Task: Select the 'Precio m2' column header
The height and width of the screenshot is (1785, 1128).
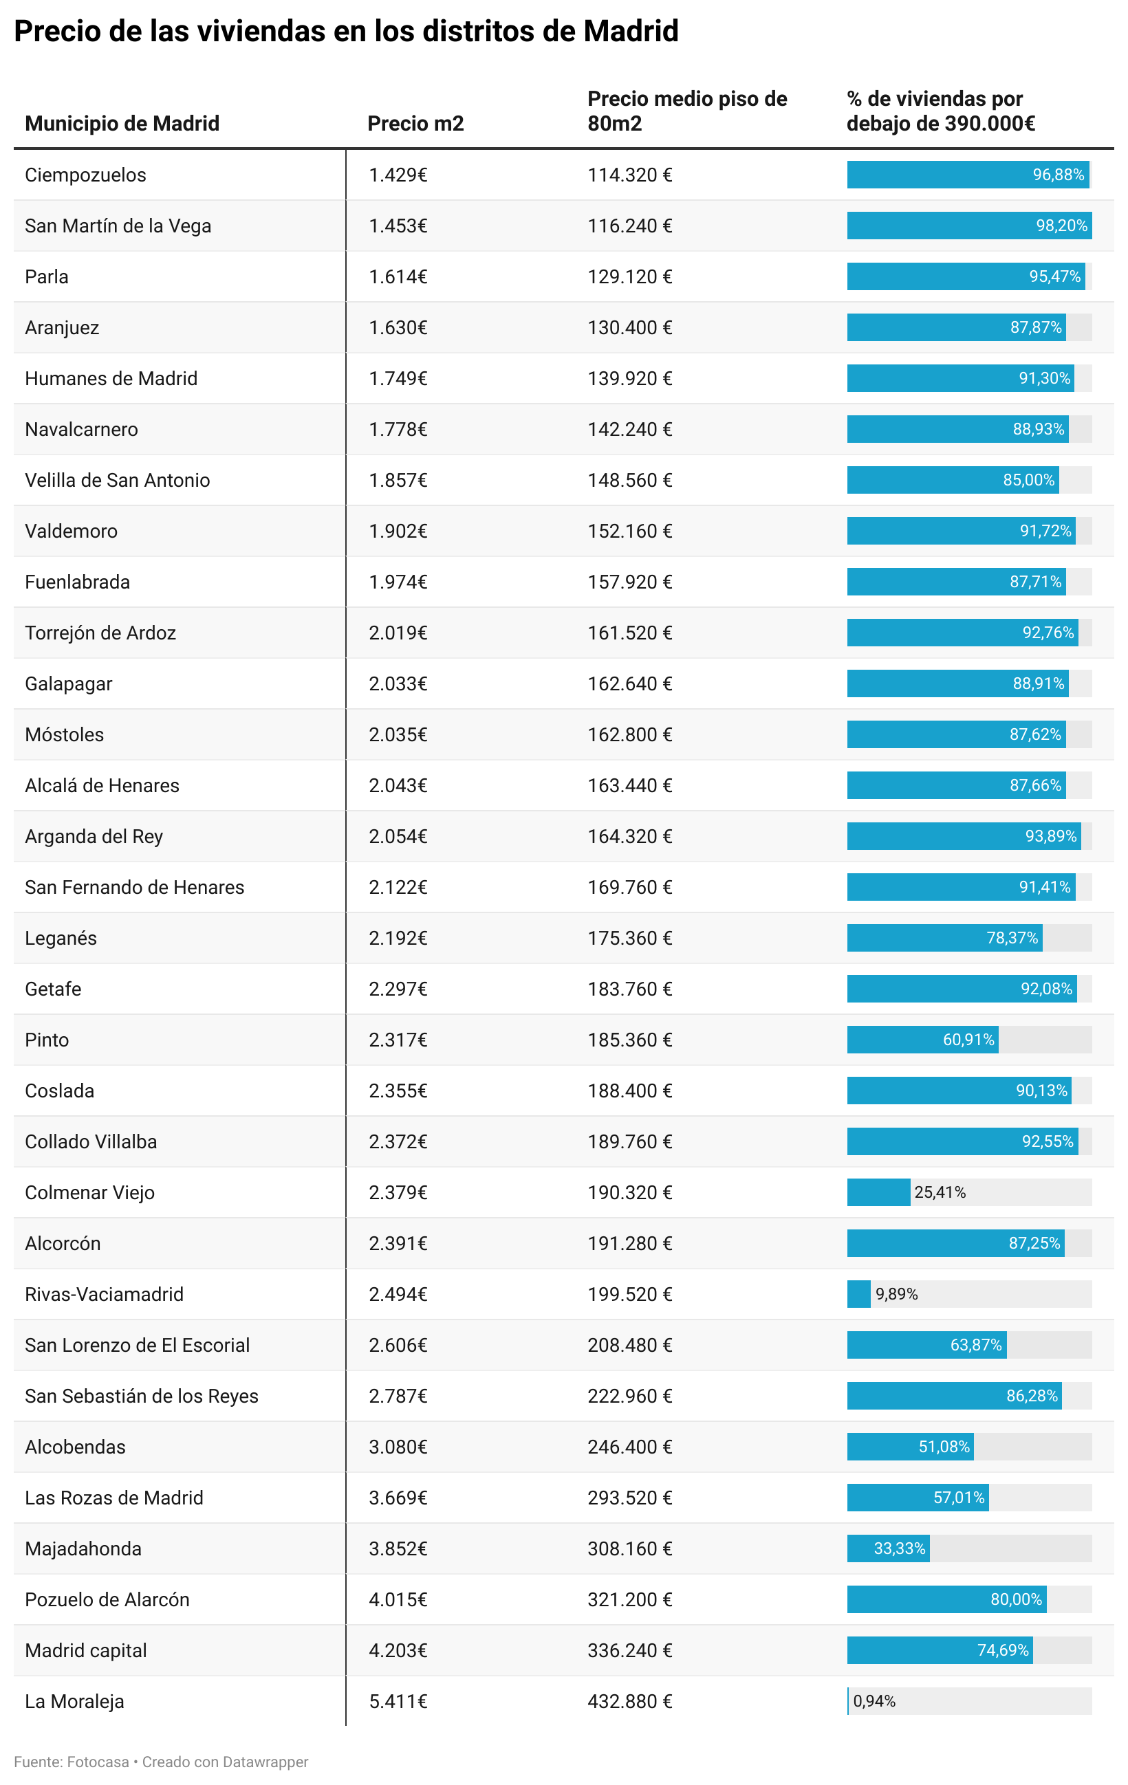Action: pyautogui.click(x=415, y=123)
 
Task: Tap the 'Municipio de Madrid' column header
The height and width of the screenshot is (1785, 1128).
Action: pyautogui.click(x=122, y=123)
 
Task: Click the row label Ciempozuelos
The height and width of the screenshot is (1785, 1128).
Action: pyautogui.click(x=85, y=175)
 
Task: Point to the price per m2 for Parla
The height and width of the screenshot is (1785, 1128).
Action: pyautogui.click(x=398, y=276)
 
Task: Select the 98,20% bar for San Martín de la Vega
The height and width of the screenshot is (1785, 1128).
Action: pyautogui.click(x=968, y=226)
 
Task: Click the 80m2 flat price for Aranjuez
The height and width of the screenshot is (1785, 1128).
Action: pyautogui.click(x=629, y=328)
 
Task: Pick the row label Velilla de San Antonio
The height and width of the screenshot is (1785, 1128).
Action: pyautogui.click(x=117, y=481)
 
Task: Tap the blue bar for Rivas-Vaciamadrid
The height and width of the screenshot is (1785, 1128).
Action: pyautogui.click(x=859, y=1294)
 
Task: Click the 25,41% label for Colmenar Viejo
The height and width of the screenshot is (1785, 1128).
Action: pyautogui.click(x=940, y=1192)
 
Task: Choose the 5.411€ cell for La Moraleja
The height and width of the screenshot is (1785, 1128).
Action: pyautogui.click(x=398, y=1701)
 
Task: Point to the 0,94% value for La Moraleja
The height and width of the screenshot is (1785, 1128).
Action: pyautogui.click(x=874, y=1701)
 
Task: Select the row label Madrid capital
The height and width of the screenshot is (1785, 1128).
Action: pyautogui.click(x=85, y=1650)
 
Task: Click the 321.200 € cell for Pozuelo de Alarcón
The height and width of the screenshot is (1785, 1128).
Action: pyautogui.click(x=629, y=1599)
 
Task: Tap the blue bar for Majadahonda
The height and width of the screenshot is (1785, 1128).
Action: pyautogui.click(x=888, y=1548)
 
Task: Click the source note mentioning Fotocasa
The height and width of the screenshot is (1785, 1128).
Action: pyautogui.click(x=160, y=1762)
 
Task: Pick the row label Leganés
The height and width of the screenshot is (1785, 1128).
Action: pyautogui.click(x=61, y=938)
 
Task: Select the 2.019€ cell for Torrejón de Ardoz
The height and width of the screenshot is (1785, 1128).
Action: pyautogui.click(x=398, y=633)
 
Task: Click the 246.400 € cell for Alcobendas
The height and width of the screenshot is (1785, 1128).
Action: pyautogui.click(x=629, y=1446)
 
